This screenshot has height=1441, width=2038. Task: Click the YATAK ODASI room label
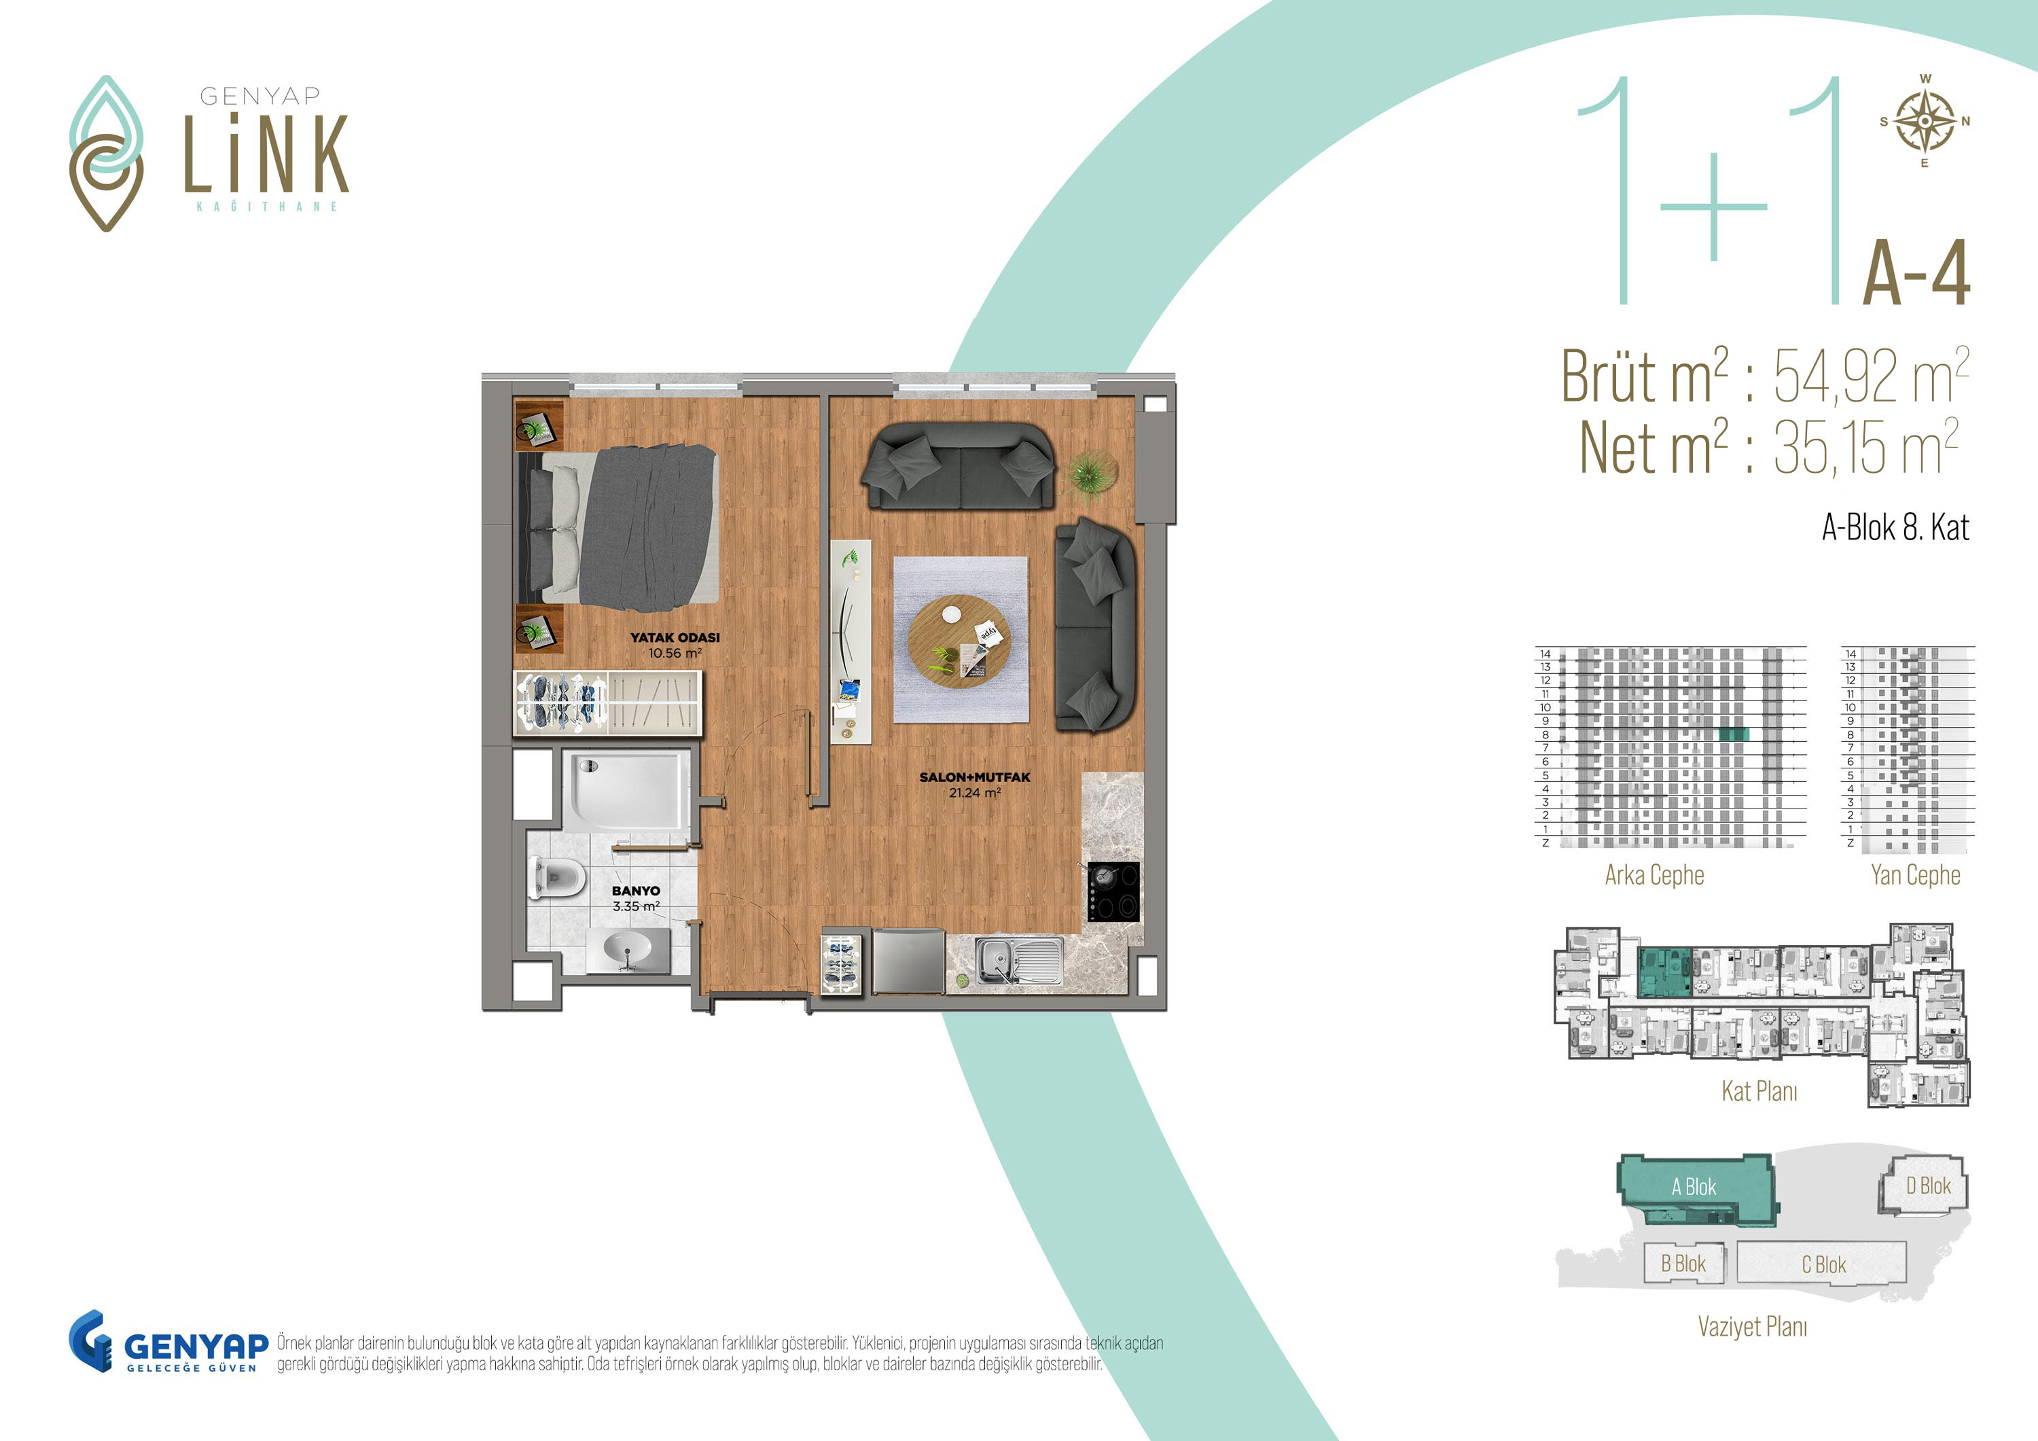tap(675, 637)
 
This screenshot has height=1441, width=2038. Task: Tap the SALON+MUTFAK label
tap(975, 777)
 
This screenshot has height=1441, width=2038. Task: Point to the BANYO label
tap(636, 891)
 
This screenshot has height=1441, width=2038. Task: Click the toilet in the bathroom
tap(556, 877)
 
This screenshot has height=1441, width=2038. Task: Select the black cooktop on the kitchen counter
tap(1113, 891)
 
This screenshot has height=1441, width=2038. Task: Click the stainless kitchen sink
tap(1019, 961)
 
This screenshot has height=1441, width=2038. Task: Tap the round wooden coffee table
tap(959, 641)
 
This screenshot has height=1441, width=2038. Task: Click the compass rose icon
tap(1925, 122)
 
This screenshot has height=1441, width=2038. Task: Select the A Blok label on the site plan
tap(1694, 1186)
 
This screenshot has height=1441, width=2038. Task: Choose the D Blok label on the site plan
tap(1929, 1186)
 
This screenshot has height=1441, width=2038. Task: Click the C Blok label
tap(1824, 1264)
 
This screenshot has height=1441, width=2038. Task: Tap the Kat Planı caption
tap(1759, 1091)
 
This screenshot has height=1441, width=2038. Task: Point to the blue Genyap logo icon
tap(90, 1340)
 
